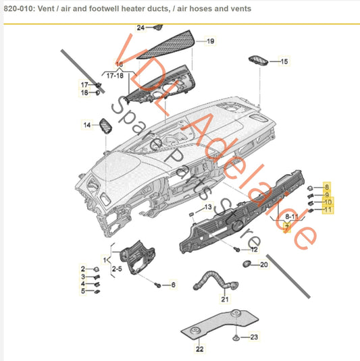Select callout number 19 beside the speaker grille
(210, 41)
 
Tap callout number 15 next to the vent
(284, 61)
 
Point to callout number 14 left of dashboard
(86, 125)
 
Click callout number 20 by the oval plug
(264, 265)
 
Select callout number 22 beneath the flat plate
(199, 349)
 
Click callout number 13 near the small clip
(209, 206)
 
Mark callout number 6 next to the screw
(173, 285)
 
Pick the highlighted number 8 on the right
(327, 186)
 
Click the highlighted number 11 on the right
(328, 210)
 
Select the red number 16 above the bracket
(119, 63)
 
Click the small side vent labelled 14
(106, 126)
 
